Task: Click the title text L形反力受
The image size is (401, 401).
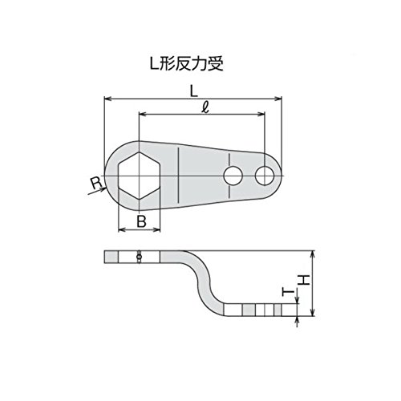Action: click(186, 64)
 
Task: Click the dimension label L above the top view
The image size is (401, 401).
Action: click(193, 91)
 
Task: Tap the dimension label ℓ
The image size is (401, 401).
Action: click(205, 108)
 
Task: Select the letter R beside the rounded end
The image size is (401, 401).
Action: click(96, 183)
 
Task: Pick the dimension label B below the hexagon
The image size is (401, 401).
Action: click(141, 221)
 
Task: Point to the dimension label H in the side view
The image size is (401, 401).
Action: click(304, 280)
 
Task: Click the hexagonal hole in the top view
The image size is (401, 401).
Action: click(139, 176)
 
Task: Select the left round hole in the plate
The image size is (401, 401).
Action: click(233, 176)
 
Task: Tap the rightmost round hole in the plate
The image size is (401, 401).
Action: click(265, 176)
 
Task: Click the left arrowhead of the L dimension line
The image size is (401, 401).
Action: click(107, 99)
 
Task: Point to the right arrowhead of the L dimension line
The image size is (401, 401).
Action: click(278, 99)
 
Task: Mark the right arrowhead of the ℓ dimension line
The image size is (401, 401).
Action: click(261, 115)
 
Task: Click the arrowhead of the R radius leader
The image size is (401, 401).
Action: click(103, 189)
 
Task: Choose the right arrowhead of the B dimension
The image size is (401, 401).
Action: click(156, 229)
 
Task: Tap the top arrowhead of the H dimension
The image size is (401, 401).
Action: click(313, 254)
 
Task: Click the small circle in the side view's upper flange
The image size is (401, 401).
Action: click(139, 257)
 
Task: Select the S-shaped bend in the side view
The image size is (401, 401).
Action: click(205, 283)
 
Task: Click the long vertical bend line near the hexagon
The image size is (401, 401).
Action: click(178, 176)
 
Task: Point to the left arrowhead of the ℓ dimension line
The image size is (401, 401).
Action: click(143, 115)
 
